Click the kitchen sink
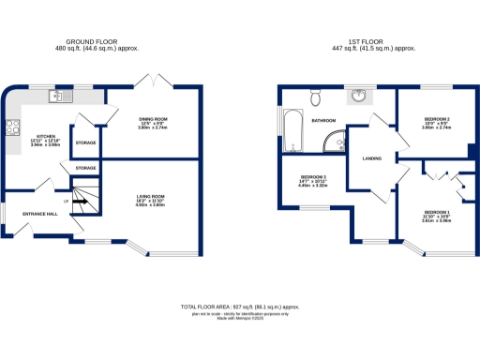[57, 95]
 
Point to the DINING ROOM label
[153, 119]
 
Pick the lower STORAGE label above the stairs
[85, 167]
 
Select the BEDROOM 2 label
[436, 120]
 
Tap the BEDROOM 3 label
[313, 176]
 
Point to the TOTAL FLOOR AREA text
[239, 307]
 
